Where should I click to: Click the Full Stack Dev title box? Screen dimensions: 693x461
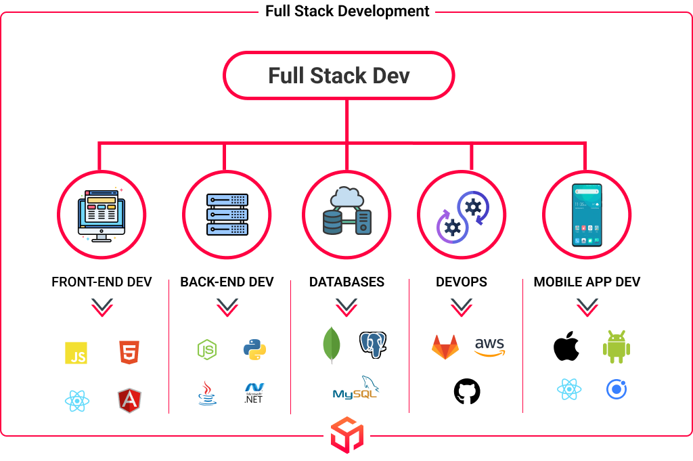point(339,75)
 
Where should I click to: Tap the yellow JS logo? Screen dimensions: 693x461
point(76,353)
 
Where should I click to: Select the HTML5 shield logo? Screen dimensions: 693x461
point(129,352)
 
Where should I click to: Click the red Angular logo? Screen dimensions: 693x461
point(129,401)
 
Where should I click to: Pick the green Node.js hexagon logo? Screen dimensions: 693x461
point(207,349)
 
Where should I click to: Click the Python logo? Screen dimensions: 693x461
point(254,349)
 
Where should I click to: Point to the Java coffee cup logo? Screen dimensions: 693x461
point(207,393)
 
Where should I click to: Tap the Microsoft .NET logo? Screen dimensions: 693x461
point(254,393)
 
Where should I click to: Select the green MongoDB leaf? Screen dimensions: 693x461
point(332,345)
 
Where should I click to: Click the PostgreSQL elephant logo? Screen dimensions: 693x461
point(373,345)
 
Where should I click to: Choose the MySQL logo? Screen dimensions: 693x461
point(356,388)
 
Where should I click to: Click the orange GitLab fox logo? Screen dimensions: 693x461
point(445,347)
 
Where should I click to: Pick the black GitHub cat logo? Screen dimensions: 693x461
point(467,391)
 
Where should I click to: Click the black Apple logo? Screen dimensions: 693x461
point(566,346)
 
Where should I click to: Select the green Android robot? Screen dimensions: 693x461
point(617,347)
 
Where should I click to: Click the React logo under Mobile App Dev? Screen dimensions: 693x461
point(569,389)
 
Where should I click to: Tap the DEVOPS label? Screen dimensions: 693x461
point(462,282)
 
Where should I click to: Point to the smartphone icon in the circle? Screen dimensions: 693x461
point(587,215)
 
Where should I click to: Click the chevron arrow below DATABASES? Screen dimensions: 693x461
point(346,307)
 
